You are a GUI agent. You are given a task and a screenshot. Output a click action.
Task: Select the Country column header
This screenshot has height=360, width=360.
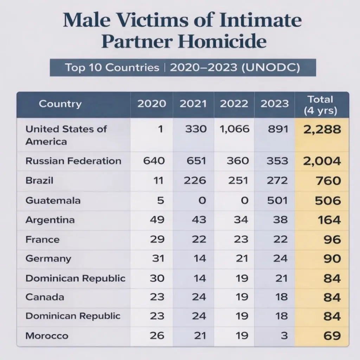tap(60, 104)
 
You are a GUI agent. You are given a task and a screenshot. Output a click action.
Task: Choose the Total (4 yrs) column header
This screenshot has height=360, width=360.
tap(320, 105)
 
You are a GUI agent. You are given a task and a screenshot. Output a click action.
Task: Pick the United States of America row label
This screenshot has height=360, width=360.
tap(66, 135)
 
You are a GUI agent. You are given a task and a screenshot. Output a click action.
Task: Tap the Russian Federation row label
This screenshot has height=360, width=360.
tap(73, 161)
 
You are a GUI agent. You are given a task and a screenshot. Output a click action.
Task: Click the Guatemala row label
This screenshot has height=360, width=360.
tap(53, 200)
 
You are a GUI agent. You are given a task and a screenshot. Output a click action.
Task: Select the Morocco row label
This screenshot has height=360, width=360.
tap(47, 336)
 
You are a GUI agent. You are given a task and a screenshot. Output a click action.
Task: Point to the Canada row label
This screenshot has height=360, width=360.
tap(45, 297)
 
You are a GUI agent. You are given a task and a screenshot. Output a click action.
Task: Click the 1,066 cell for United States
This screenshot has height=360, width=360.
tap(234, 129)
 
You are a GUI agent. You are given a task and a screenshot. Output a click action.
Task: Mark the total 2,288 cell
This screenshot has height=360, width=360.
tap(322, 129)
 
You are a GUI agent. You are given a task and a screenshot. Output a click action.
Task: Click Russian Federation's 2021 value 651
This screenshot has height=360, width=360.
tap(195, 161)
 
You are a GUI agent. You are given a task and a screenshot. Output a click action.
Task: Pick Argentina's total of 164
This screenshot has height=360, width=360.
tap(329, 220)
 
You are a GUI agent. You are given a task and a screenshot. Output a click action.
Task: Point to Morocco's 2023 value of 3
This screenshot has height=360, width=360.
tap(284, 336)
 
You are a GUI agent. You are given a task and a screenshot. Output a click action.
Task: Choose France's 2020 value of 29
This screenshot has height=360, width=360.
tap(157, 239)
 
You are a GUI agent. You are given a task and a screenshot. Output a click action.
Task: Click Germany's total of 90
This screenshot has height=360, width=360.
tap(332, 259)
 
